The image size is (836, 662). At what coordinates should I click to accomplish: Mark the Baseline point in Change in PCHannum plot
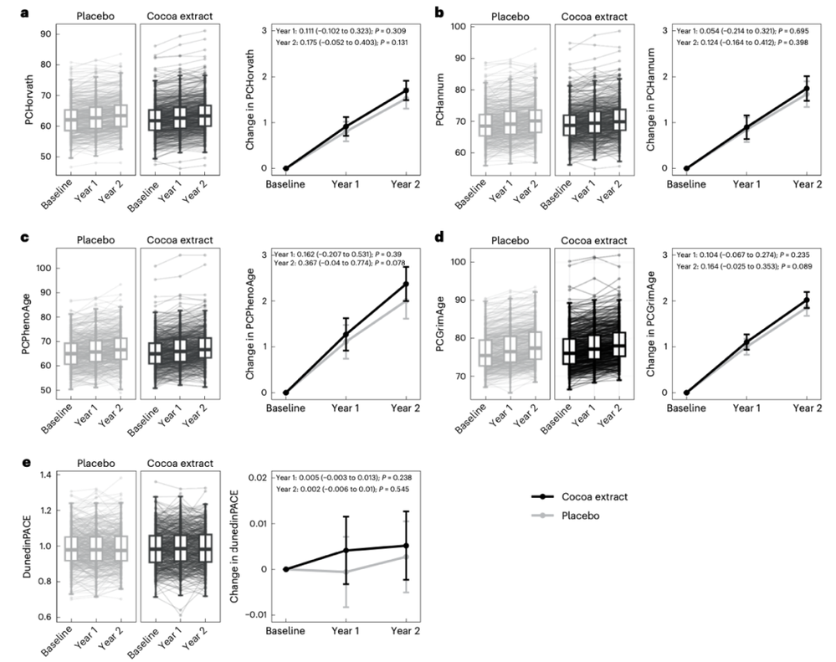click(686, 168)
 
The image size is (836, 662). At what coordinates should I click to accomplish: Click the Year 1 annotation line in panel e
click(336, 476)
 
